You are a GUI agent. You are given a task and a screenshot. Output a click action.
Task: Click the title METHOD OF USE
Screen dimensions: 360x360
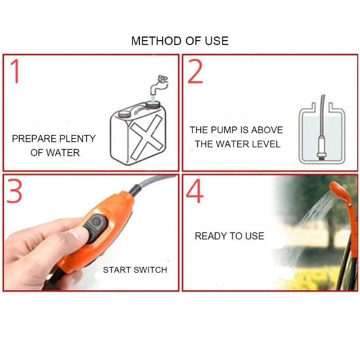(x=180, y=41)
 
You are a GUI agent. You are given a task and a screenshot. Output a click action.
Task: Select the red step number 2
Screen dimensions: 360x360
(x=195, y=72)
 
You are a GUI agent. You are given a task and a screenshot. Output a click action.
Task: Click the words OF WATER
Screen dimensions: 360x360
(x=55, y=153)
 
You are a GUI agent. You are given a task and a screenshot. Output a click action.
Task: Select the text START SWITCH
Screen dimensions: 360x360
(x=135, y=270)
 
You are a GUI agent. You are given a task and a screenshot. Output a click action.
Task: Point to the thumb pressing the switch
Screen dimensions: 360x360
(x=72, y=236)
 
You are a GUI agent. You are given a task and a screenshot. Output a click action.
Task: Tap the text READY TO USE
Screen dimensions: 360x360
(x=229, y=236)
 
